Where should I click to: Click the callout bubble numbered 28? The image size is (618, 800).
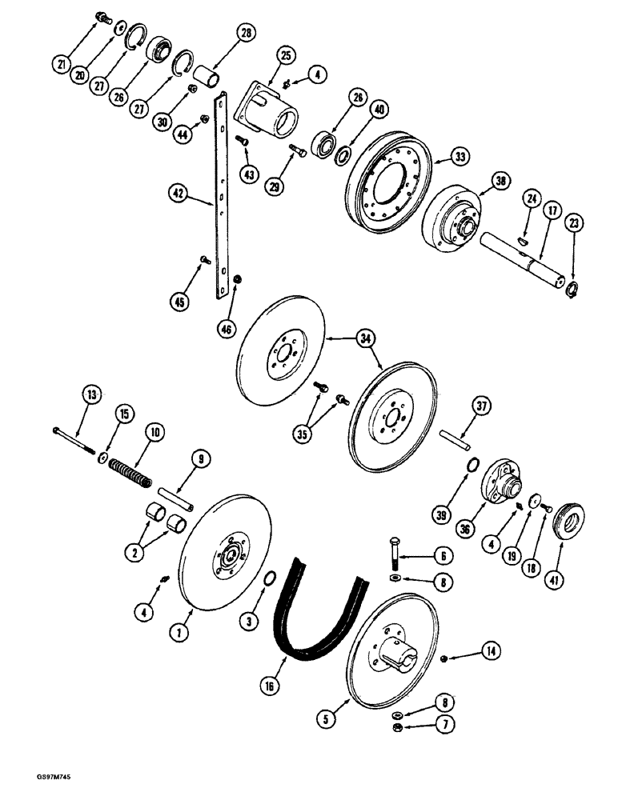243,34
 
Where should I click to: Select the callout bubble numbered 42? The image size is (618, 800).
179,192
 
